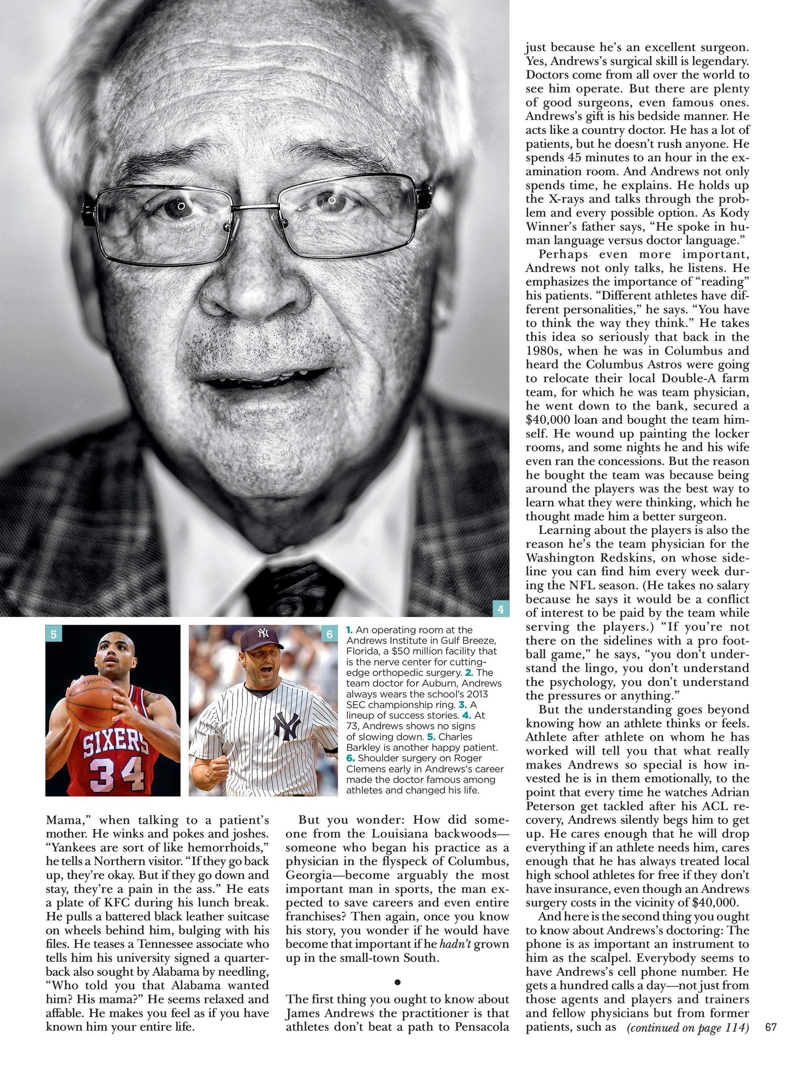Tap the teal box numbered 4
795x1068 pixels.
click(500, 609)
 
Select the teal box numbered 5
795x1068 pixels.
click(54, 634)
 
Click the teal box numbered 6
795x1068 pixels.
click(329, 634)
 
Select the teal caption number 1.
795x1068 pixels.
click(349, 630)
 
